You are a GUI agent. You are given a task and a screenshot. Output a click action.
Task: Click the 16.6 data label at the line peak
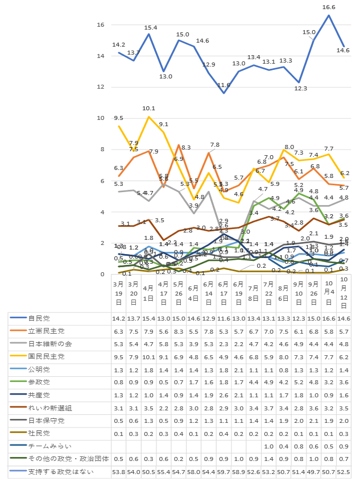328,7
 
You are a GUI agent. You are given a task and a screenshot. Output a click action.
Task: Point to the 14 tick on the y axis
100,56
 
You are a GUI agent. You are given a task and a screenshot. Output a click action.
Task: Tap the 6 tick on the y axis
102,181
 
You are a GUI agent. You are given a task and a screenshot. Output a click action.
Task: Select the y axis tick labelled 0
102,275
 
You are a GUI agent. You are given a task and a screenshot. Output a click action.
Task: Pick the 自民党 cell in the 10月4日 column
329,318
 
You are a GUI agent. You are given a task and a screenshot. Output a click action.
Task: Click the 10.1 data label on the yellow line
148,108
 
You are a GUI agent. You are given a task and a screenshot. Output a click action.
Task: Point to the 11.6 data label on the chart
224,85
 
